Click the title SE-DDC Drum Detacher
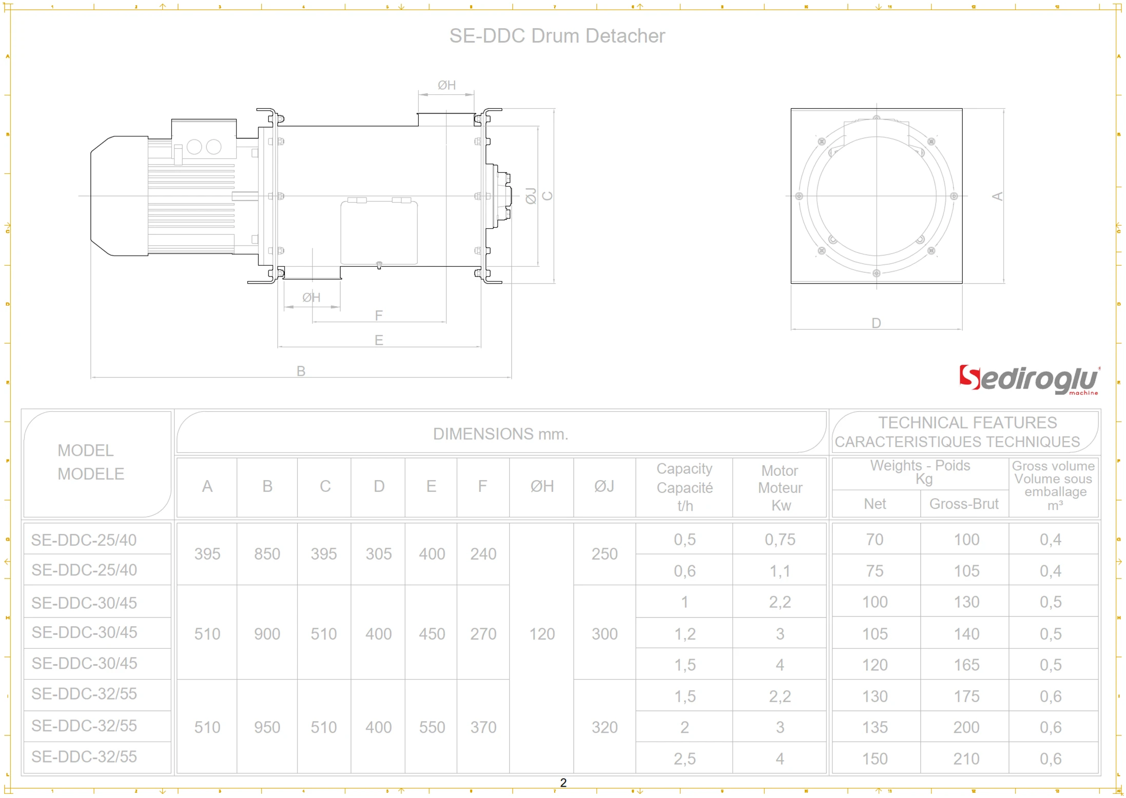coord(557,36)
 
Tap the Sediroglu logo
coord(1028,380)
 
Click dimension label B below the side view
coord(301,371)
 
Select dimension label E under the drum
coord(379,340)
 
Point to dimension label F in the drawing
coord(379,315)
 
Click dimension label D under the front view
coord(876,323)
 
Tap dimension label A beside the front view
coord(997,196)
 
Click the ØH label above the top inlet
coord(446,85)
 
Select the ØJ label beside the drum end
coord(531,196)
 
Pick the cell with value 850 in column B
coord(267,554)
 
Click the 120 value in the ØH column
coord(542,634)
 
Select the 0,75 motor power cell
coord(780,540)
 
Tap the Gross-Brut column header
coord(964,504)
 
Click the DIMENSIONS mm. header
coord(500,434)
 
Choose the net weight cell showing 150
coord(875,759)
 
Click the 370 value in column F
coord(483,727)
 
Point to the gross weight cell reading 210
coord(966,759)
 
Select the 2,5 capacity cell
coord(685,759)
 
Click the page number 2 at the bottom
coord(563,783)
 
